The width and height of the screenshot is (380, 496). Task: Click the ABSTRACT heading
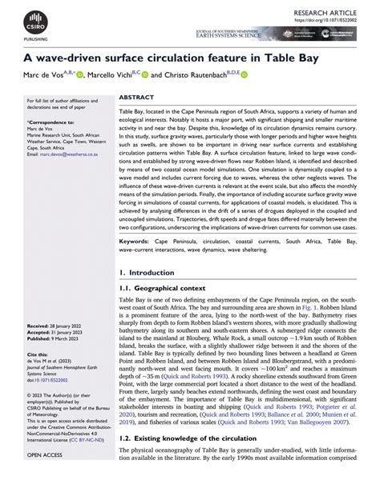pos(136,96)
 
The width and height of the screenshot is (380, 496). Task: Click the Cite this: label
pos(38,353)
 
